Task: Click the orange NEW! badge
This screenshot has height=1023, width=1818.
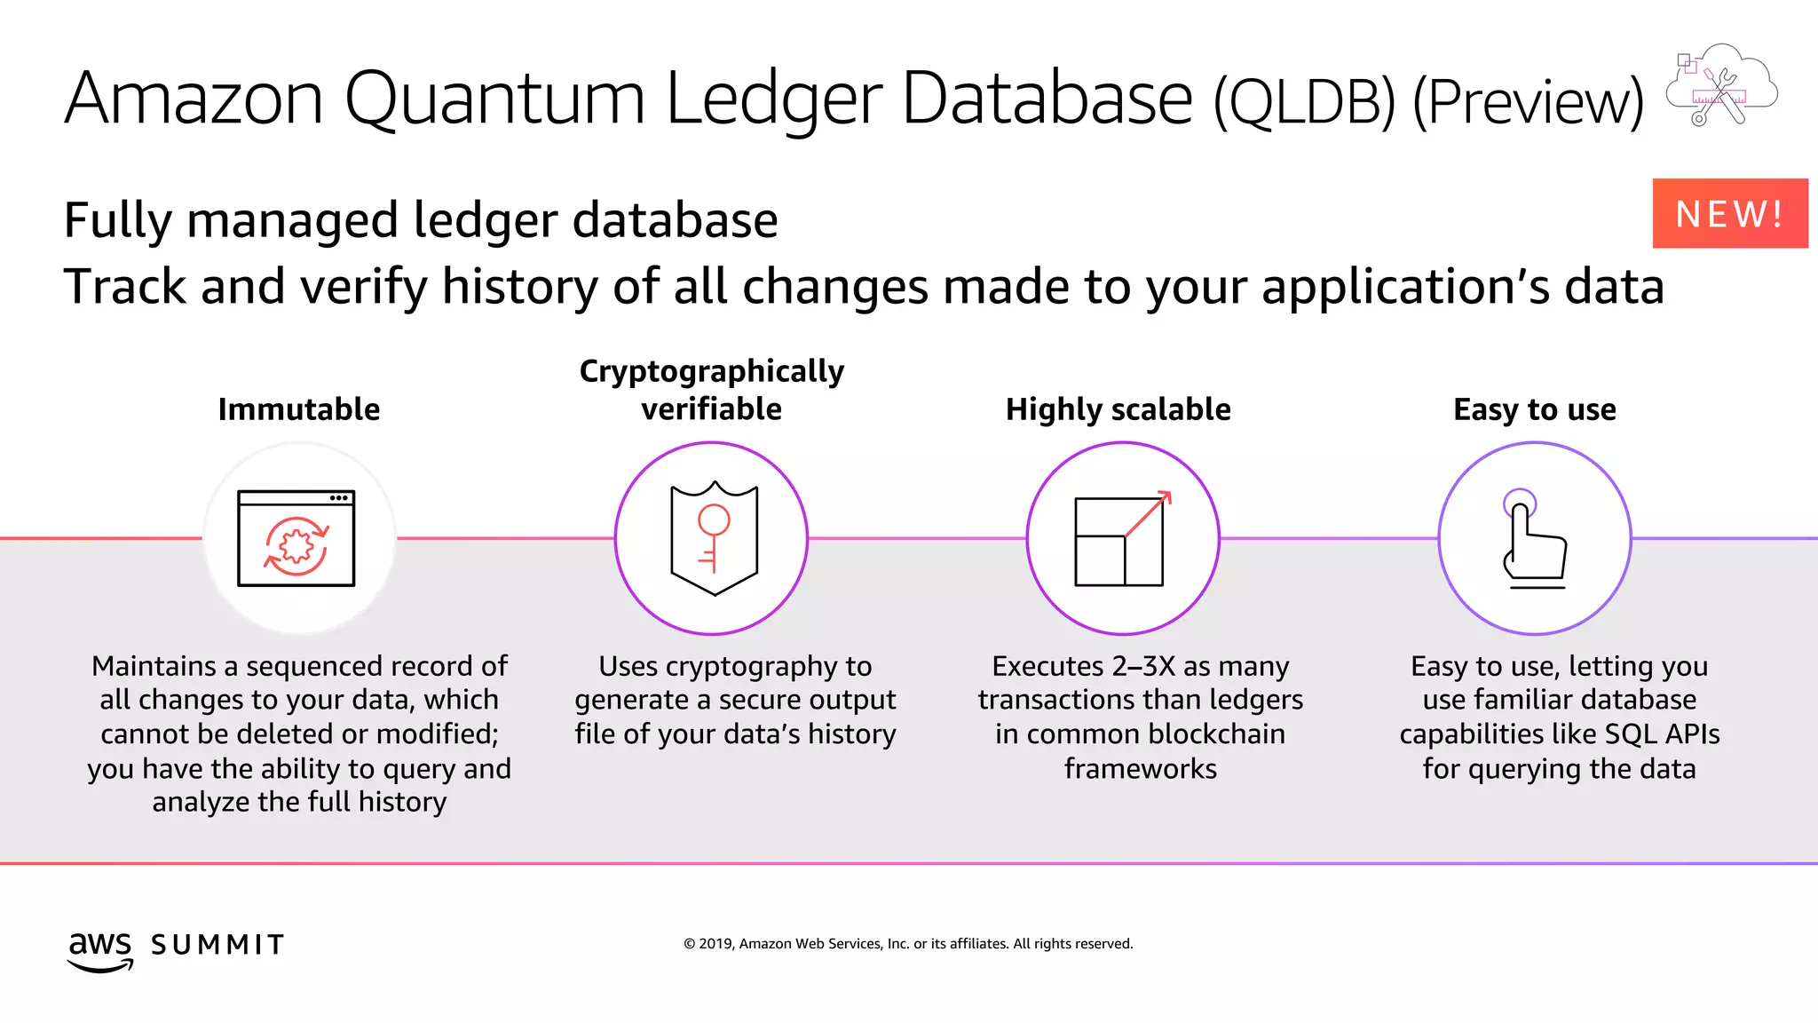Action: click(1729, 213)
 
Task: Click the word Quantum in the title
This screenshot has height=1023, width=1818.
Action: click(494, 99)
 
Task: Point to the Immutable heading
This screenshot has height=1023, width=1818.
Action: click(299, 409)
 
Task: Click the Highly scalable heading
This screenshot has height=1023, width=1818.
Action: click(1118, 409)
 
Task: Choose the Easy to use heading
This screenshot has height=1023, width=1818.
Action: click(1534, 409)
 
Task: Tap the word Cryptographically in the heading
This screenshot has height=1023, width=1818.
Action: click(711, 370)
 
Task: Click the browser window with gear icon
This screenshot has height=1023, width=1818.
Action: click(296, 538)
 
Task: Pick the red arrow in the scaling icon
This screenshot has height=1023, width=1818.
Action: click(1149, 514)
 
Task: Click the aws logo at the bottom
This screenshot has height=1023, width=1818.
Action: click(100, 948)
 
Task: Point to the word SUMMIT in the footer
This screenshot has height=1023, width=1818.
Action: click(217, 945)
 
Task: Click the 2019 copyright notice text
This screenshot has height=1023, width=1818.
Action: click(908, 944)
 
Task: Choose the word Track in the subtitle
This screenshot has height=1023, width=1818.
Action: click(125, 287)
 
